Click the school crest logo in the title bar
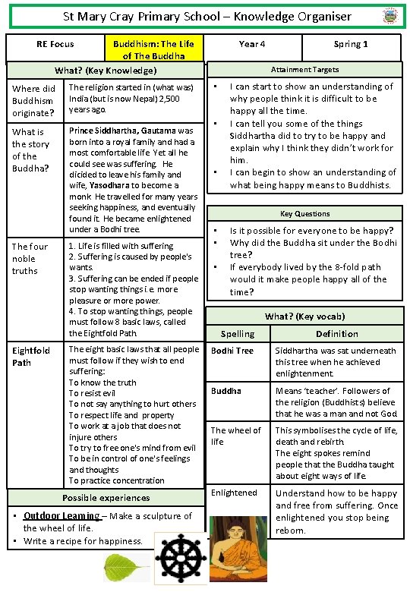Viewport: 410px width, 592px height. [x=389, y=17]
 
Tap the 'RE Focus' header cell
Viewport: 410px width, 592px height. [x=55, y=44]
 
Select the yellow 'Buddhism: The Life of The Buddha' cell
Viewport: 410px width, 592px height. [x=153, y=49]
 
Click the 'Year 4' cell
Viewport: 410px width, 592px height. [x=252, y=44]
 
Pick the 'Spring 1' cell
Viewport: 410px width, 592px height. [x=351, y=44]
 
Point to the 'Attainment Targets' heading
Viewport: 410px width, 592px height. [x=304, y=69]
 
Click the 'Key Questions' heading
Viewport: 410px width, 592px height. [x=304, y=214]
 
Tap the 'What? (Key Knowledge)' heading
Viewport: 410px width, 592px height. [x=106, y=71]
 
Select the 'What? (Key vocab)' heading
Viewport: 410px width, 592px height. [x=304, y=316]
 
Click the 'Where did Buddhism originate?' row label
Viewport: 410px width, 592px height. [x=33, y=101]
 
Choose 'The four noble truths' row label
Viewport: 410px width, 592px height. [x=30, y=258]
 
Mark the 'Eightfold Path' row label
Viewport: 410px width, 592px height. [x=31, y=356]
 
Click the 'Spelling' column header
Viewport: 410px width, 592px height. [x=237, y=334]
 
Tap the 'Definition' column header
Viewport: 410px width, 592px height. [x=337, y=334]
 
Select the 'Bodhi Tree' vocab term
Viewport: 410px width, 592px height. [x=232, y=351]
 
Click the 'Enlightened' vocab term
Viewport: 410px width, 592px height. [x=234, y=493]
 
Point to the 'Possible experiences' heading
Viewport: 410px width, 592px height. [x=106, y=498]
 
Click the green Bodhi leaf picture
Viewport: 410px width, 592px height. [x=126, y=566]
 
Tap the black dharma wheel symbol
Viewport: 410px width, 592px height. [x=181, y=559]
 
